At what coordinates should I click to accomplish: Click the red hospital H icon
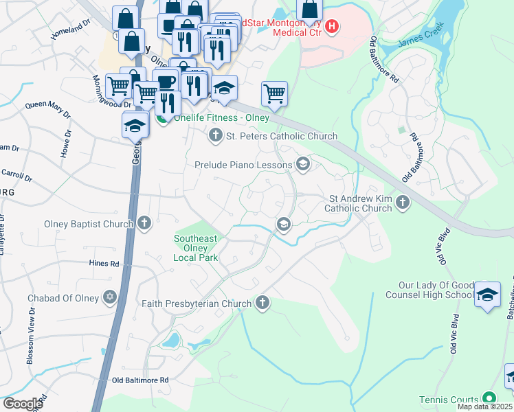(x=332, y=27)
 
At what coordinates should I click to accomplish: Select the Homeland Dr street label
(x=71, y=28)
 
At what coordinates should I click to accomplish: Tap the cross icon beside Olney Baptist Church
(x=144, y=222)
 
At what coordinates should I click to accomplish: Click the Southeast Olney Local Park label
(x=196, y=248)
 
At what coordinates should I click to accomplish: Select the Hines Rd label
(x=104, y=263)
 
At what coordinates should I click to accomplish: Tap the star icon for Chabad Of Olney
(x=109, y=297)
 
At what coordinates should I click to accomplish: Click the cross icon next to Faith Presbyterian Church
(x=262, y=303)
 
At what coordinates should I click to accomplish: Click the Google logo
(x=23, y=404)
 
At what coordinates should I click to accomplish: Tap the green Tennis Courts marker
(x=489, y=398)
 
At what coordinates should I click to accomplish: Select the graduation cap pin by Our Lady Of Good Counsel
(x=487, y=294)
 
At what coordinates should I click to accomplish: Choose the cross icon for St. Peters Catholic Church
(x=216, y=135)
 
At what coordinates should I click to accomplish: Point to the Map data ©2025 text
(x=484, y=407)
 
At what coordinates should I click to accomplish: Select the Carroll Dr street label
(x=17, y=175)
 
